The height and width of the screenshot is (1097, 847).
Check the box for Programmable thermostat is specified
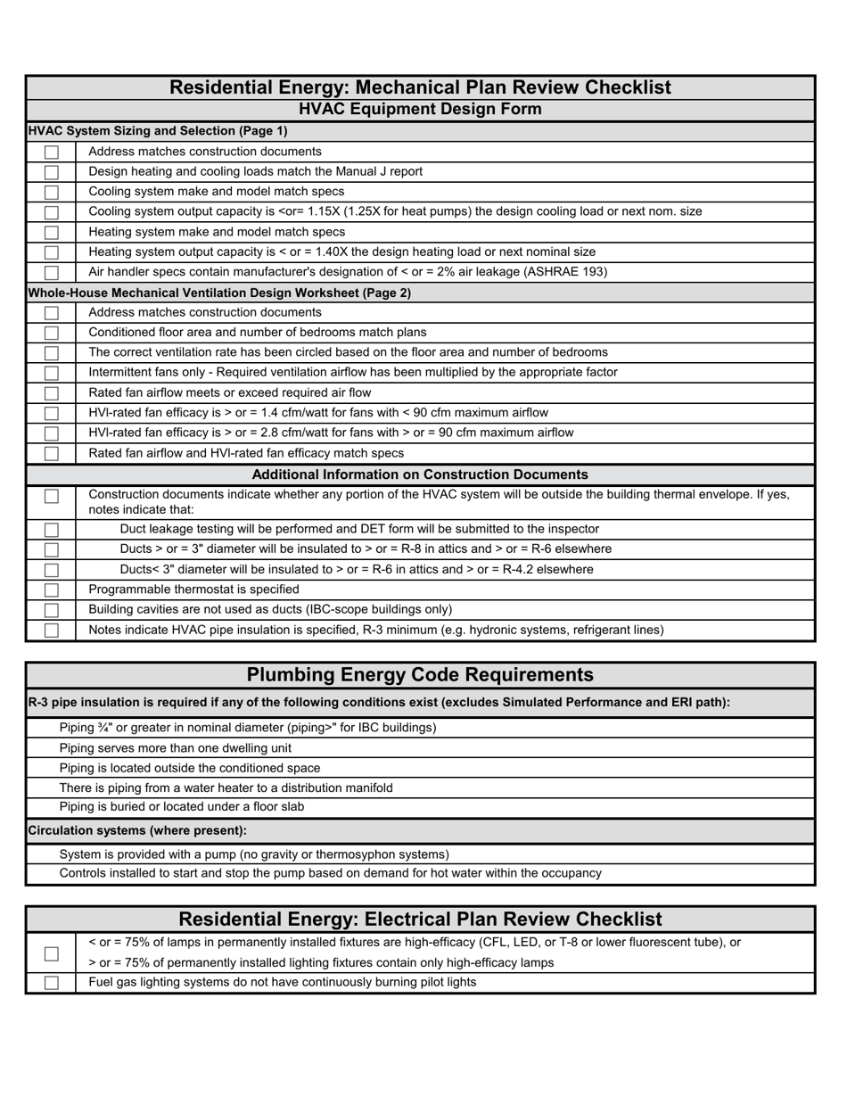52,590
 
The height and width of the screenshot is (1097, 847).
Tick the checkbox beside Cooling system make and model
52,193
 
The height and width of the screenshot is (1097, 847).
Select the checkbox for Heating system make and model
52,233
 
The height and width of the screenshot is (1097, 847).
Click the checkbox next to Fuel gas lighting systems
52,983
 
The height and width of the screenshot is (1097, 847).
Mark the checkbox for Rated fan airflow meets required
52,393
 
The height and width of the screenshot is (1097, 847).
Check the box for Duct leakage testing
52,530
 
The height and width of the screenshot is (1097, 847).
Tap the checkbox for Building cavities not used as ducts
52,610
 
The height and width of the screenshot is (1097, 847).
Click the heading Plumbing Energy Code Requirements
420,675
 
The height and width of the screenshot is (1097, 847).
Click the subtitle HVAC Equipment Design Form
420,110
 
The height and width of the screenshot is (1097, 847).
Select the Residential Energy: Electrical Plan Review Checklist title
420,920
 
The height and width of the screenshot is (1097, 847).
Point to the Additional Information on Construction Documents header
420,474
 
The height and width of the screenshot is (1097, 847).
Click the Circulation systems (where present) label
137,830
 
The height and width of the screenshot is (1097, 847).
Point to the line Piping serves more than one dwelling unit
175,748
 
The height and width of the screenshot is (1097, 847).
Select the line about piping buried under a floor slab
181,807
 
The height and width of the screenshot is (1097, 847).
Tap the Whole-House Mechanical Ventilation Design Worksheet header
219,293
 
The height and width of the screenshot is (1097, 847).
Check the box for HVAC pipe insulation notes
52,631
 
